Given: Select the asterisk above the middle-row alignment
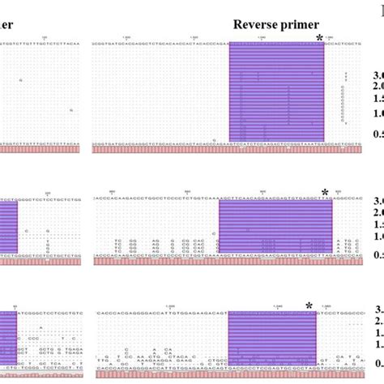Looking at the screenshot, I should tap(324, 193).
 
